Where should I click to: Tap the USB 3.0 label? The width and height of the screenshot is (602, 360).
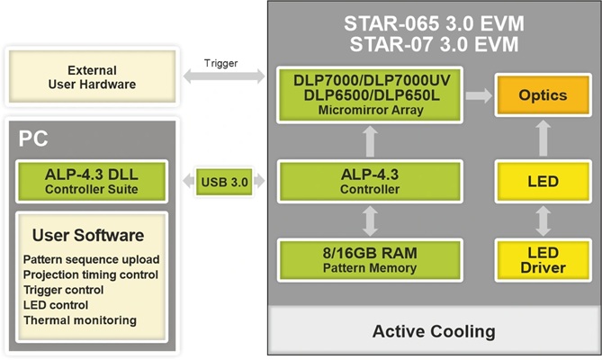click(x=226, y=182)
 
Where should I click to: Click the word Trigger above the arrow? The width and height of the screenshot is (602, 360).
click(x=220, y=63)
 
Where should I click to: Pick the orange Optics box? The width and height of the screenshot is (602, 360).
click(x=543, y=94)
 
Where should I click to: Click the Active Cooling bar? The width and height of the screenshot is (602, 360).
click(x=434, y=330)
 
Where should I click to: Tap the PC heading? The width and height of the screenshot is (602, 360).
click(x=33, y=139)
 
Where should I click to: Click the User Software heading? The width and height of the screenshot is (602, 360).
click(x=87, y=236)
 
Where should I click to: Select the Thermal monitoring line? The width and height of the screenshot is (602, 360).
click(x=80, y=319)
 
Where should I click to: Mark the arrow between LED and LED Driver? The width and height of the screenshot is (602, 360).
click(x=543, y=220)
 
